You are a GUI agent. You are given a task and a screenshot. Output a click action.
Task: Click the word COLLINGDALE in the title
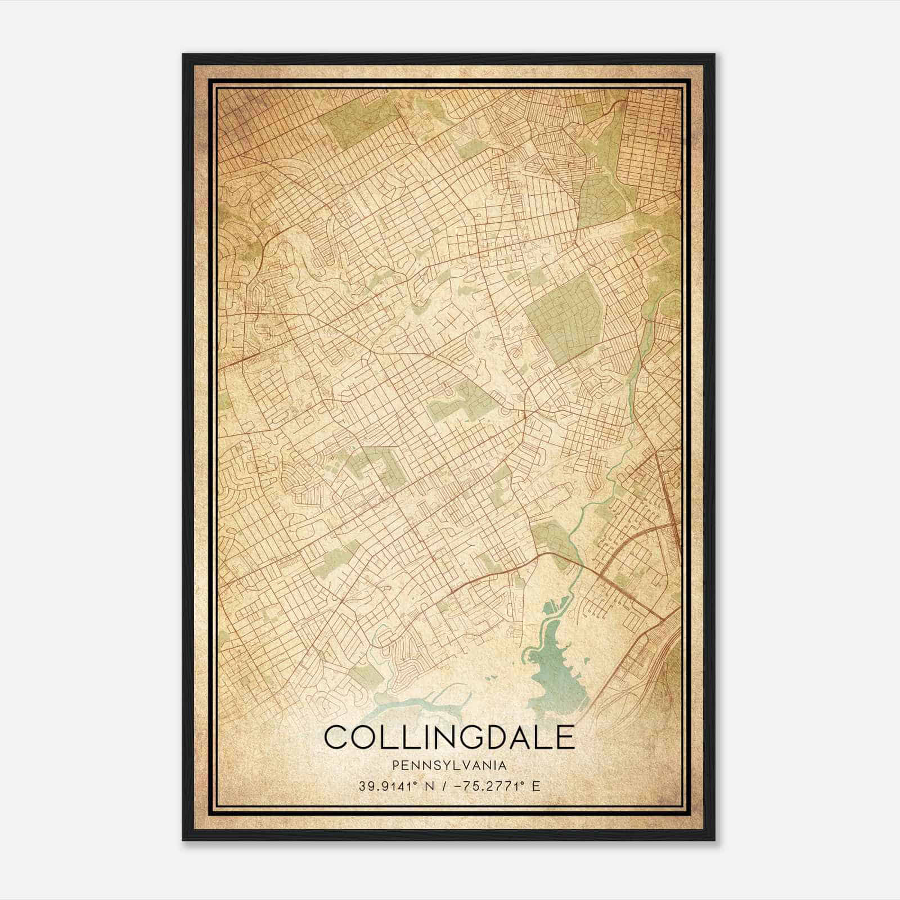449,737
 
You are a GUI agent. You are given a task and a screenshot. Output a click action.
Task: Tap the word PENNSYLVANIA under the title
449,766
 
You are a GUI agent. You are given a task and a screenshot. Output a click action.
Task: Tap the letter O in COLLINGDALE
360,737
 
